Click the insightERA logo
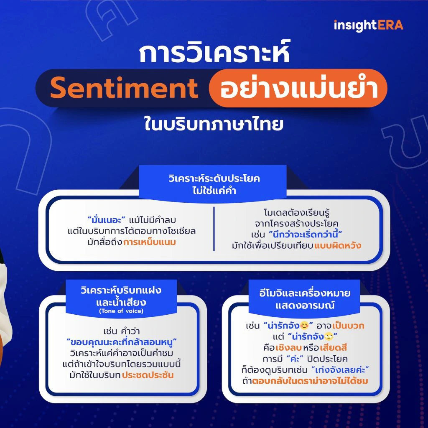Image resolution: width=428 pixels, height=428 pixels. pos(368,25)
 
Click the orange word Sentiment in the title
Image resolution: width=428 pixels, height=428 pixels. pos(124,88)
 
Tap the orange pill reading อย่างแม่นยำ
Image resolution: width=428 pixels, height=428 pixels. pos(298,88)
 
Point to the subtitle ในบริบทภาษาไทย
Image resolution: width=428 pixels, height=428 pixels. pos(214,124)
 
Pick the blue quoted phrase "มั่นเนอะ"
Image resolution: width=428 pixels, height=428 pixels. pos(107,220)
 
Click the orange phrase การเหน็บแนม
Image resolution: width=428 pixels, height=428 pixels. pos(150,242)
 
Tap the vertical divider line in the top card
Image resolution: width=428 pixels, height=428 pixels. pos(214,229)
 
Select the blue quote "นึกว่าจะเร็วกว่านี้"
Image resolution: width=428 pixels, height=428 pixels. pos(306,234)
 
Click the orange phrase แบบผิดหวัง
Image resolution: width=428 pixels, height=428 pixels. pos(338,245)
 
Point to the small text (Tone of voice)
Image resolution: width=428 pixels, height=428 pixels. pos(121,311)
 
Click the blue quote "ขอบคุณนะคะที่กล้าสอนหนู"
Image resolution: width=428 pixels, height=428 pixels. pos(122,342)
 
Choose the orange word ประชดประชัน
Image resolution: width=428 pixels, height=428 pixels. pos(148,375)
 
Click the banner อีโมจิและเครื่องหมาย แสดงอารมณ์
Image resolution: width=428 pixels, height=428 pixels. pos(304,299)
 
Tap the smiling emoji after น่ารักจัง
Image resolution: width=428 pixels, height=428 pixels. pos(304,325)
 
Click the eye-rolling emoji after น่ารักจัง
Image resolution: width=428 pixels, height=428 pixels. pos(329,336)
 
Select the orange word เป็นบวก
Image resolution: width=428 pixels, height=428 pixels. pos(348,326)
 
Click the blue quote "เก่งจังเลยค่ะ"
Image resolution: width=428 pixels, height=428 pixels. pos(340,370)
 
